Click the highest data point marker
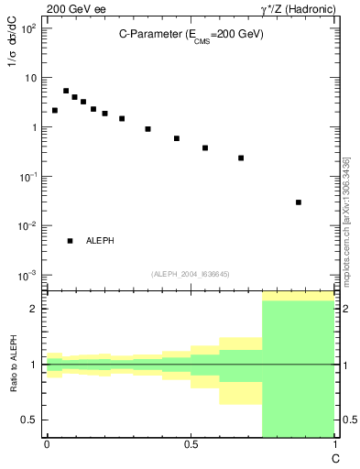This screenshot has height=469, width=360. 66,91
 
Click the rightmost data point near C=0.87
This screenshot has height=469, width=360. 299,202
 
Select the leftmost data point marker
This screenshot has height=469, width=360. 55,110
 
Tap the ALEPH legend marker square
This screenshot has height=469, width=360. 70,241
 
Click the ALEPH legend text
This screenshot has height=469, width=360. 100,241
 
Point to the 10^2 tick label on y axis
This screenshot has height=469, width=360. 29,29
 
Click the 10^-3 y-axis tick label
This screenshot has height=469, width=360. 29,276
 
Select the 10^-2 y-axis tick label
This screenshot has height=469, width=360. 29,226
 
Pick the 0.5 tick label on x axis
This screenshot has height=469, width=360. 191,444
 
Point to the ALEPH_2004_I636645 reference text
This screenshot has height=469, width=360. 191,273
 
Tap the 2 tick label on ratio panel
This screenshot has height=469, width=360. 33,309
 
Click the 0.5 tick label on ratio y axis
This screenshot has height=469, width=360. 29,420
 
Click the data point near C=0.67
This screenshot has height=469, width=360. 241,158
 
